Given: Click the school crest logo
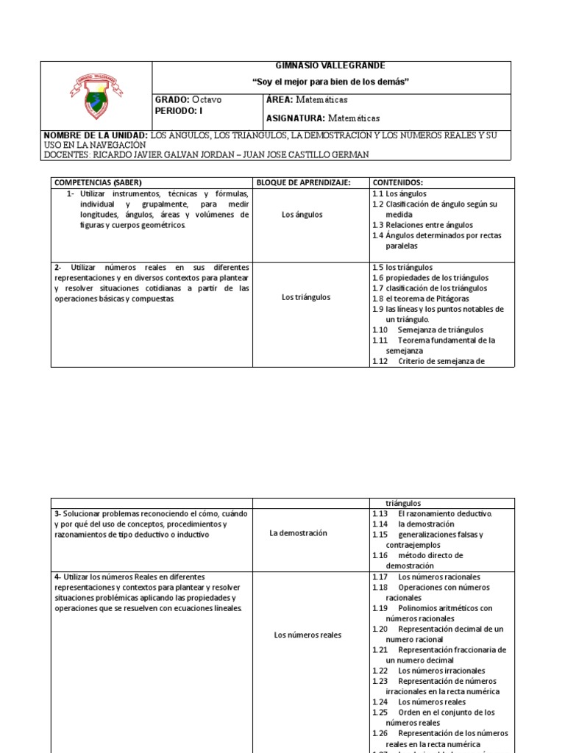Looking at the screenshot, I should coord(96,96).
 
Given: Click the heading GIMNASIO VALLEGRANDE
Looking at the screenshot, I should coord(330,66).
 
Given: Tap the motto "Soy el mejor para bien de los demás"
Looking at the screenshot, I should coord(330,81).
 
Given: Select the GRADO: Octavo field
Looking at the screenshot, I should coord(188,99).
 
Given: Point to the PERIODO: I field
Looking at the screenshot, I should coord(177,110).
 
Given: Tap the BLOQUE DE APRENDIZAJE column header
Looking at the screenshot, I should coord(302,182).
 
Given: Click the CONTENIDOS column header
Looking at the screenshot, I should coord(398,182).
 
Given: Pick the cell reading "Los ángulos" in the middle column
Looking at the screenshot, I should coord(302,215).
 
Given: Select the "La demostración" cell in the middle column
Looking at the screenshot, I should coord(298,532).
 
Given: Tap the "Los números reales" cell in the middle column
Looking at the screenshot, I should coord(308,635).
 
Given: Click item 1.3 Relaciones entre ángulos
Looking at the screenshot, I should coord(422,225).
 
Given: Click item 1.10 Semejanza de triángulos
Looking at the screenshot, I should coord(427,330).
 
